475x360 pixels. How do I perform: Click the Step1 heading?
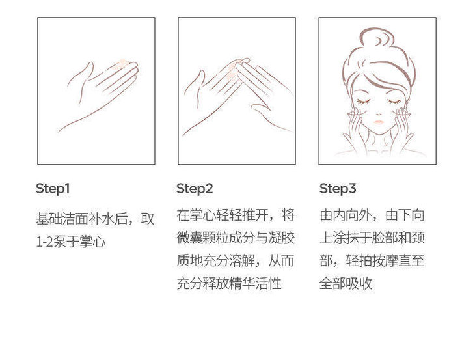[53, 189]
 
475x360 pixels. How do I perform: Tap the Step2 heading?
[195, 189]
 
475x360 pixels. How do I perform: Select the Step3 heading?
[338, 189]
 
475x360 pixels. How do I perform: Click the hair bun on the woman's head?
[377, 40]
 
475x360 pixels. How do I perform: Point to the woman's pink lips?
[379, 122]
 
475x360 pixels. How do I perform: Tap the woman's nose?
[379, 113]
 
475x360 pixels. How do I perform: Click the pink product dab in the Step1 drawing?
[122, 64]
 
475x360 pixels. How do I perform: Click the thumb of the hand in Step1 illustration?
[80, 76]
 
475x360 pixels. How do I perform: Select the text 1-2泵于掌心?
[71, 242]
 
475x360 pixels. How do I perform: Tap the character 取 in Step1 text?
[148, 219]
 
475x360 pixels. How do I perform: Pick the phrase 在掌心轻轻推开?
[223, 215]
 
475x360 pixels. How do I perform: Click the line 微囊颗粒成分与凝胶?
[236, 238]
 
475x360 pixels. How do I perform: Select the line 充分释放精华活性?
[229, 284]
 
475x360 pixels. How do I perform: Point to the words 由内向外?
[346, 215]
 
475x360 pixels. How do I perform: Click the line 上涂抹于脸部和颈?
[372, 238]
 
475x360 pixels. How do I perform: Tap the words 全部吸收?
[346, 284]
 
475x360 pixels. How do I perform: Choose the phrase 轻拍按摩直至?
[385, 260]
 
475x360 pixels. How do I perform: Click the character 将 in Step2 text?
[288, 215]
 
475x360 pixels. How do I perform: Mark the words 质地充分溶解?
[215, 260]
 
